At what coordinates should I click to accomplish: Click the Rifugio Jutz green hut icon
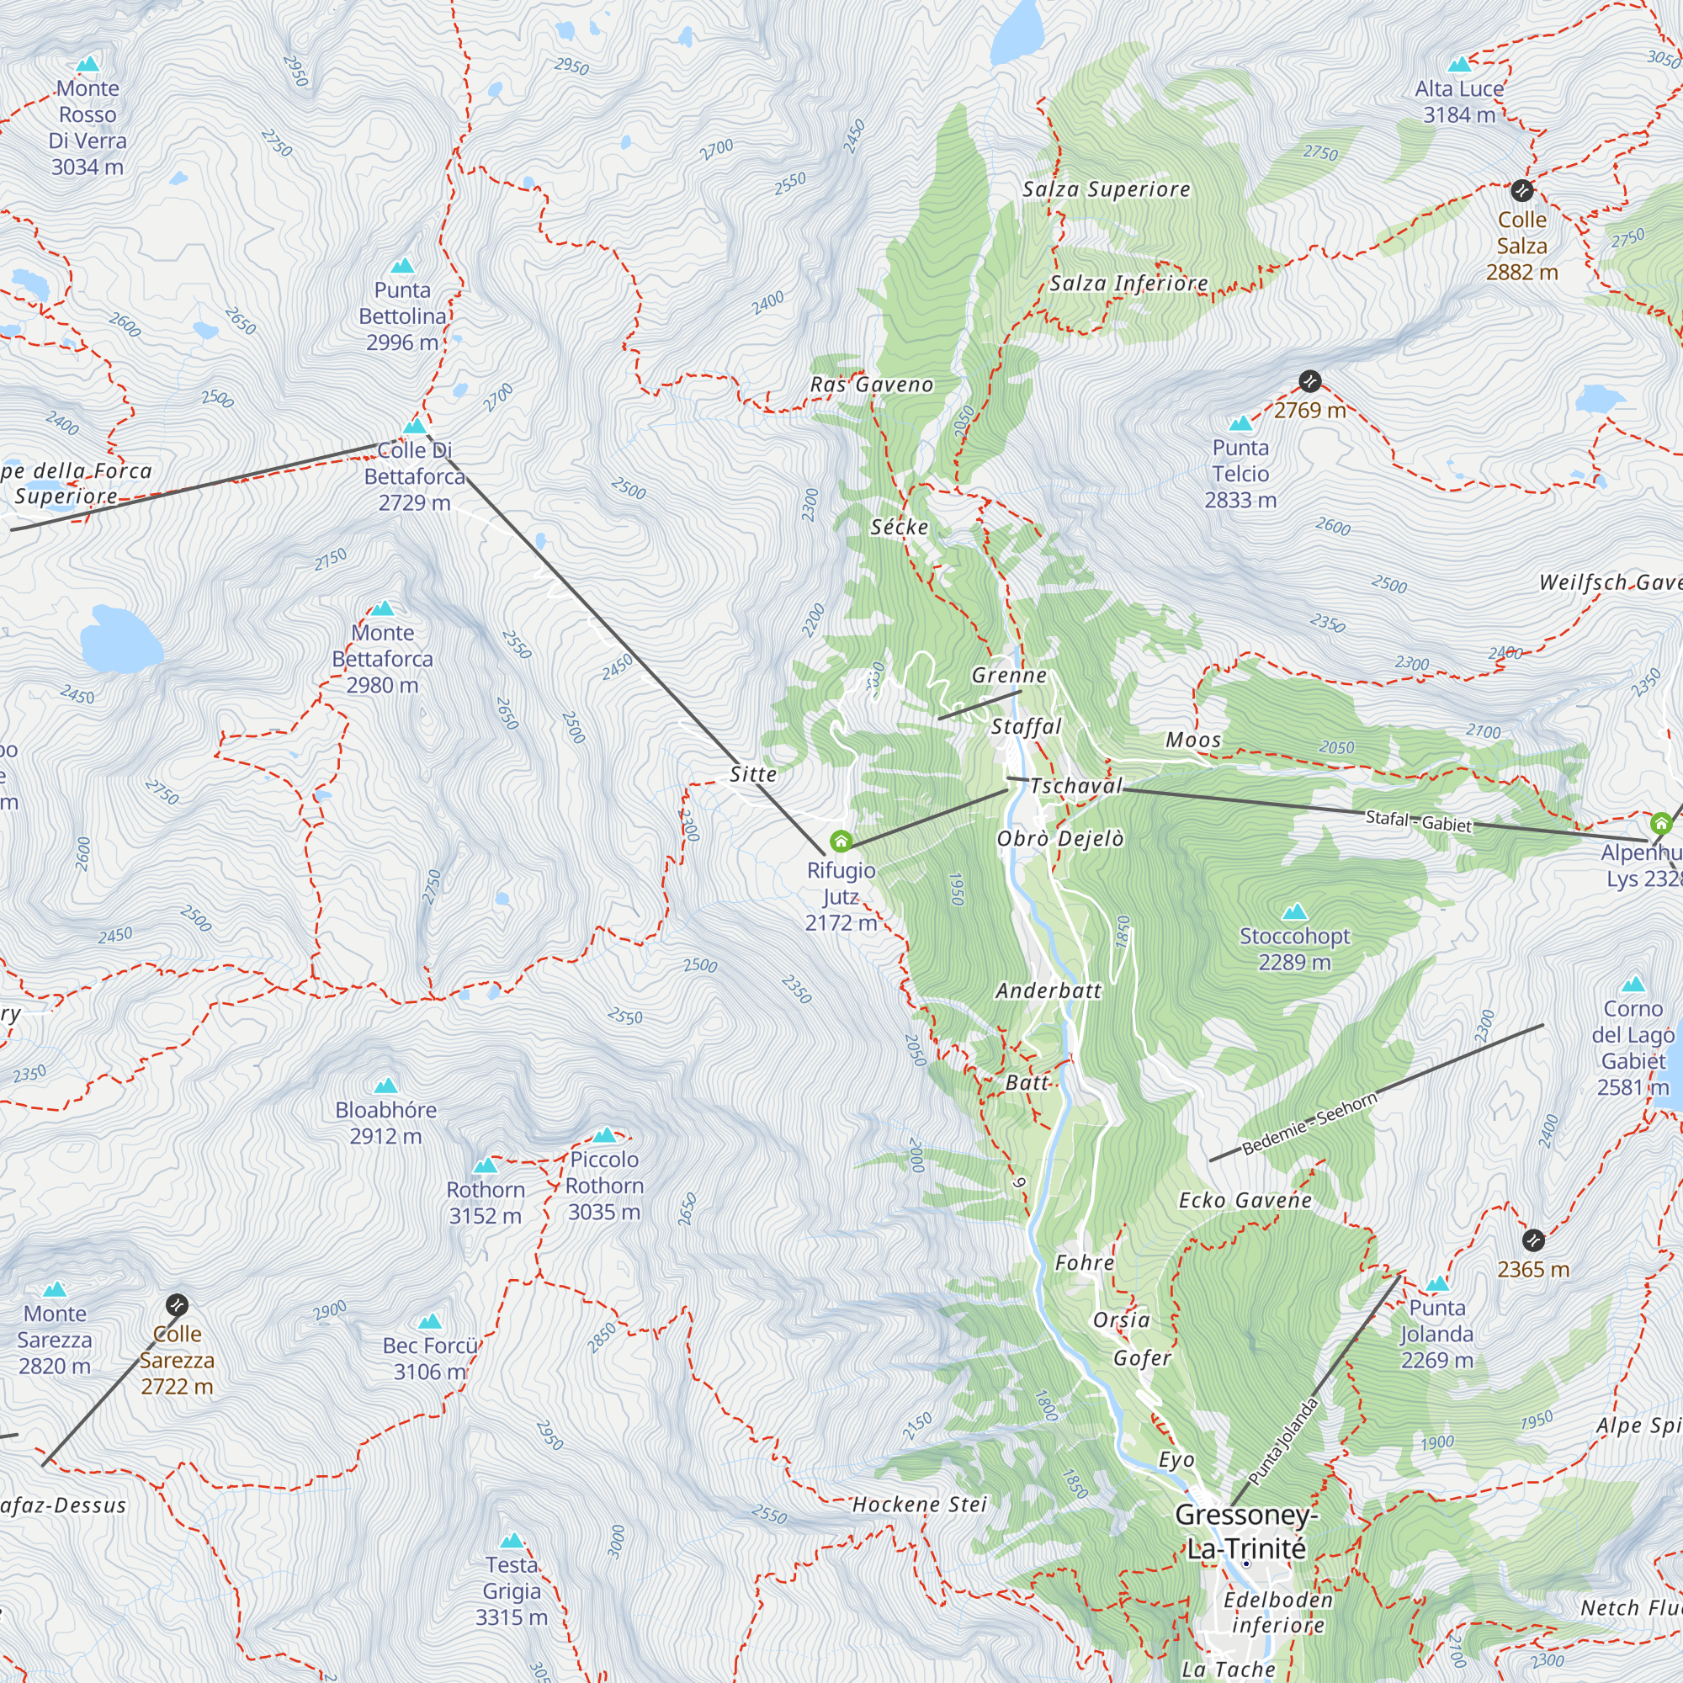coord(841,841)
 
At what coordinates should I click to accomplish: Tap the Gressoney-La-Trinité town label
coord(1245,1532)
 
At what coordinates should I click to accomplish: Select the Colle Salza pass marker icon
coord(1521,190)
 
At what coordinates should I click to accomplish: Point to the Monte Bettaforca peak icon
coord(382,608)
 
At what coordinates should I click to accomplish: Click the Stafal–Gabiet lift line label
coord(1418,820)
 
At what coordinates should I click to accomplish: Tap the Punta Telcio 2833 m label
coord(1240,473)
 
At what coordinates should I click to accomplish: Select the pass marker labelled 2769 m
coord(1310,380)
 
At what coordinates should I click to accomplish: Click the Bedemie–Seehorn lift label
coord(1309,1123)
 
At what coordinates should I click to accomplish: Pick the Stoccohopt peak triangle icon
coord(1295,911)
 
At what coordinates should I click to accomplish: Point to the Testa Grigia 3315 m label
coord(512,1590)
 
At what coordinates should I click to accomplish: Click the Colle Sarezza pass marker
coord(177,1304)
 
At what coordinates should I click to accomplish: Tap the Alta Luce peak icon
coord(1459,64)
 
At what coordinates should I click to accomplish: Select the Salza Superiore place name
coord(1107,189)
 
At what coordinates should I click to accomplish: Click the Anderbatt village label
coord(1048,990)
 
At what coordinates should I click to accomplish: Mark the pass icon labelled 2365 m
coord(1533,1240)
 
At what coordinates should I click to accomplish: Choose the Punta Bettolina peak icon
coord(401,265)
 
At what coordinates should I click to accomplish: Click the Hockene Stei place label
coord(919,1505)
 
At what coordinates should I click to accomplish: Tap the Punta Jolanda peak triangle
coord(1437,1283)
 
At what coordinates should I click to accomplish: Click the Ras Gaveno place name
coord(871,385)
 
